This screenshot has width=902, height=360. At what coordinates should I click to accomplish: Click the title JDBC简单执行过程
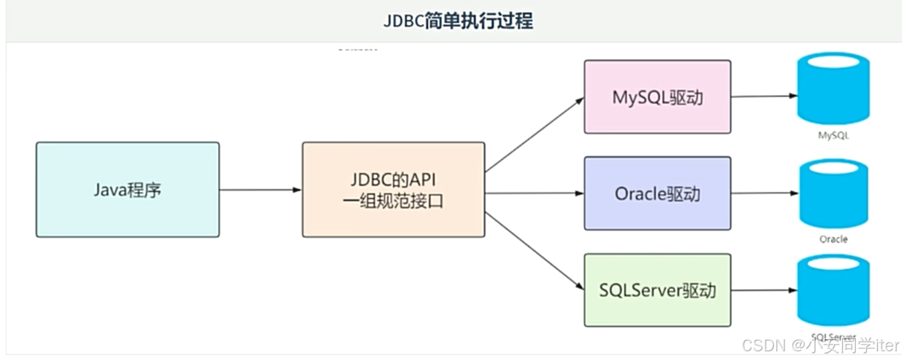coord(458,21)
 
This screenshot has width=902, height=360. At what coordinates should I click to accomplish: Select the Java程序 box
coord(127,190)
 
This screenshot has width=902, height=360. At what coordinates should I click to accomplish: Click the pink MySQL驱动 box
coord(657,97)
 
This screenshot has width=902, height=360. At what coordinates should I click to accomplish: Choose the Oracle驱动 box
coord(657,194)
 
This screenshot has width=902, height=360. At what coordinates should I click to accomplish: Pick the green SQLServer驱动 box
coord(657,290)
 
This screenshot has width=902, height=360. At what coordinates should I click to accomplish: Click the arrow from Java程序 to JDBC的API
coord(260,190)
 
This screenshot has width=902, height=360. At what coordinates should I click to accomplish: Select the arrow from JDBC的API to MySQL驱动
coord(534,134)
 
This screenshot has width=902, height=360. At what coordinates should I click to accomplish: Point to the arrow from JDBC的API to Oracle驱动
coord(534,194)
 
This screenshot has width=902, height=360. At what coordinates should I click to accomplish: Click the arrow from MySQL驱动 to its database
coord(764,96)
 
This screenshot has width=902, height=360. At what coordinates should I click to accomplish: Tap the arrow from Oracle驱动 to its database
coord(765,193)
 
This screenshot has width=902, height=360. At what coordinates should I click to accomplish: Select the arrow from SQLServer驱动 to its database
coord(764,290)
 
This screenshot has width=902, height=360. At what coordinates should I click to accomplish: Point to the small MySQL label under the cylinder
coord(833,135)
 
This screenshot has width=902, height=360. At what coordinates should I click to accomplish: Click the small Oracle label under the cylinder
coord(834,239)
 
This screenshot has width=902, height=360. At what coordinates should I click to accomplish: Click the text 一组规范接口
coord(393,200)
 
